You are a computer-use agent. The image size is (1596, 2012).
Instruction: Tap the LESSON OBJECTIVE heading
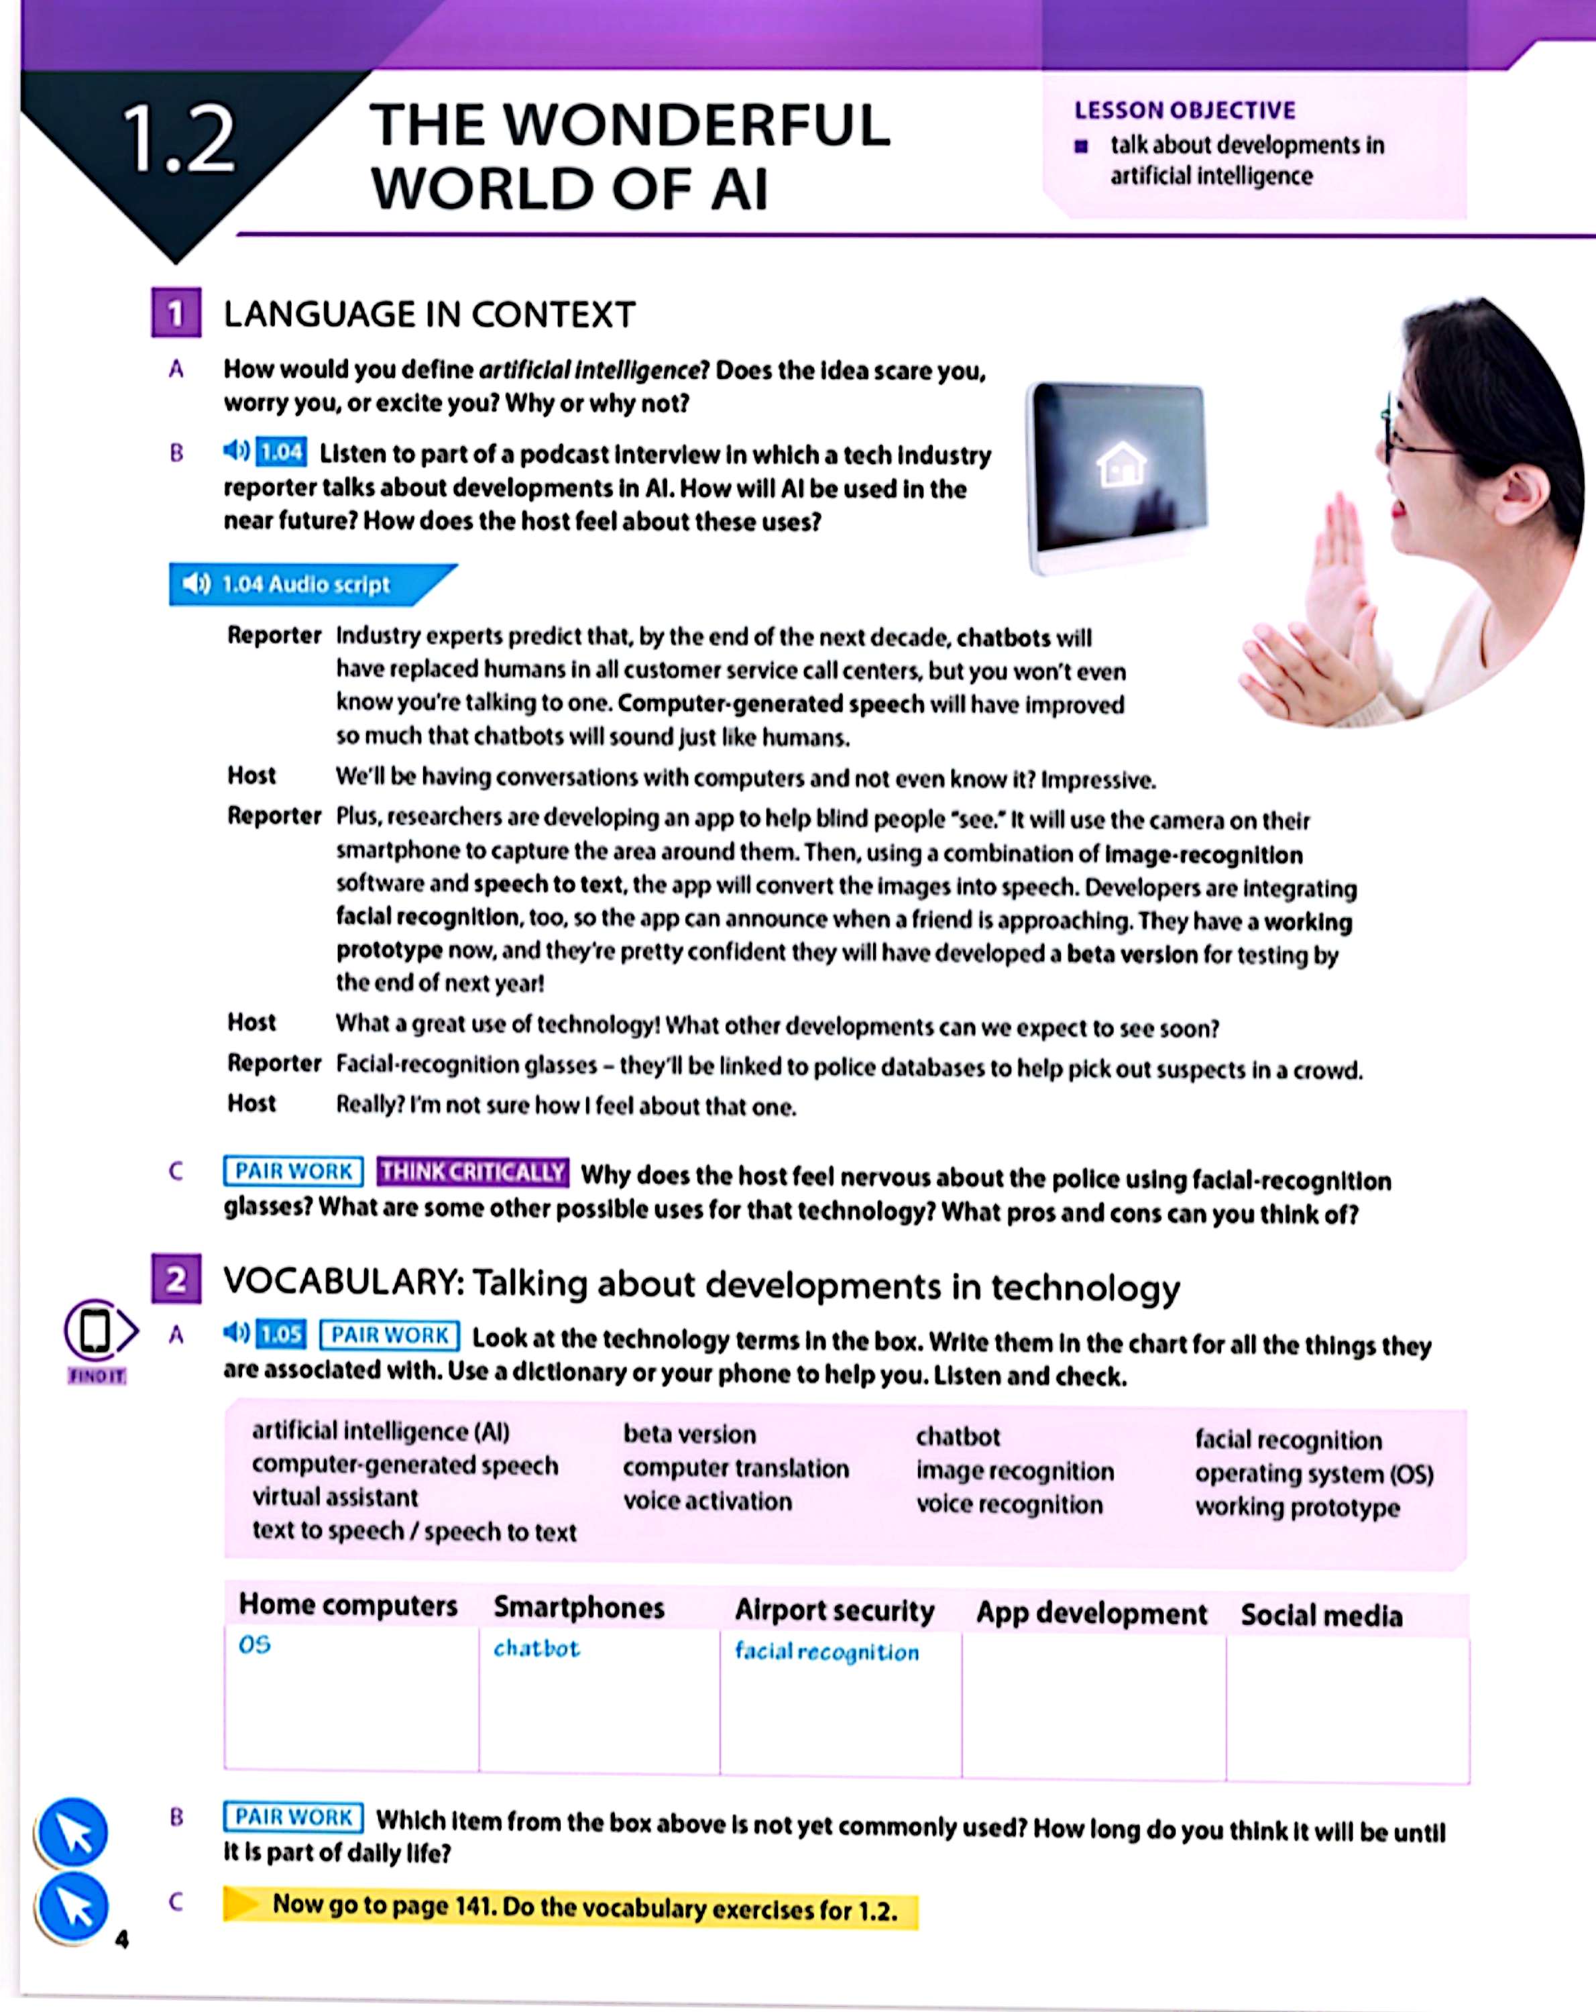point(1184,110)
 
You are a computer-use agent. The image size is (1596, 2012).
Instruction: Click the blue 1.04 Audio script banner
point(298,584)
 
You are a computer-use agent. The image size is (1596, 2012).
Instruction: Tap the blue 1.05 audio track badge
point(281,1335)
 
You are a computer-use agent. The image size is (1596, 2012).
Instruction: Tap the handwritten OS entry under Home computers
point(254,1645)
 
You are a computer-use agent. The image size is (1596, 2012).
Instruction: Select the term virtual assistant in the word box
point(334,1498)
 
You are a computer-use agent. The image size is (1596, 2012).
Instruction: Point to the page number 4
point(121,1940)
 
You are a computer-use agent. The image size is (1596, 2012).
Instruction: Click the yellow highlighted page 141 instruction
point(583,1909)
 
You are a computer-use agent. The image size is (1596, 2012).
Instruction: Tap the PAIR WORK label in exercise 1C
point(293,1171)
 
